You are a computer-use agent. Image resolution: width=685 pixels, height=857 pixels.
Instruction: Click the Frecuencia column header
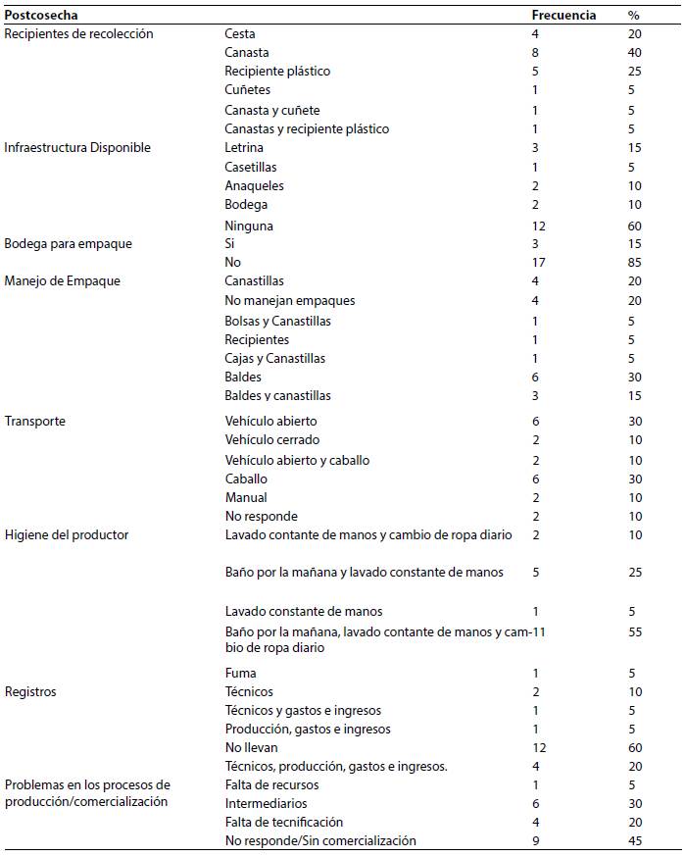click(563, 16)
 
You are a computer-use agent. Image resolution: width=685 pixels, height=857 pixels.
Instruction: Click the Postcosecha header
click(41, 16)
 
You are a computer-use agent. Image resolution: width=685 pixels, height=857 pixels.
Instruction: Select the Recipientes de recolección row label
click(78, 33)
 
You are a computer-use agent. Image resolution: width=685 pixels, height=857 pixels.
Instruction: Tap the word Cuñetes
click(247, 90)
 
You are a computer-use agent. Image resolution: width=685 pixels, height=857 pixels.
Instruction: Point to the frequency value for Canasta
click(535, 53)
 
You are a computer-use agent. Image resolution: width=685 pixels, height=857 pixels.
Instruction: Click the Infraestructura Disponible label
click(76, 148)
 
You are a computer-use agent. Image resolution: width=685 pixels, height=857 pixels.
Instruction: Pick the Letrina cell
click(244, 148)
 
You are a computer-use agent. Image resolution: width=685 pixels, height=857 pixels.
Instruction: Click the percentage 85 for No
click(634, 263)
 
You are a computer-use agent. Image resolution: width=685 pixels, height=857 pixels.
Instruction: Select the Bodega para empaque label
click(68, 243)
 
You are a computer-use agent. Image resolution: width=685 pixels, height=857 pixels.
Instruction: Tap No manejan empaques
click(290, 301)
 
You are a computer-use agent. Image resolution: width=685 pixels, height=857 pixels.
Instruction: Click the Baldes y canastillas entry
click(278, 396)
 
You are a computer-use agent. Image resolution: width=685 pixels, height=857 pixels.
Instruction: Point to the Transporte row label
click(34, 421)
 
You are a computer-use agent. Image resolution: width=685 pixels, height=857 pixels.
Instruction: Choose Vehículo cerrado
click(272, 440)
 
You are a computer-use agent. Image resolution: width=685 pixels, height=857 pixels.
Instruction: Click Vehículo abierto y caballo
click(297, 460)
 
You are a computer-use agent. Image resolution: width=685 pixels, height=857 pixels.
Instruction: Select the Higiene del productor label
click(67, 535)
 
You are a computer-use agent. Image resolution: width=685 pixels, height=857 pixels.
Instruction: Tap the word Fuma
click(240, 673)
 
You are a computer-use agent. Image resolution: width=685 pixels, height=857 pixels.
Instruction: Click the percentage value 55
click(634, 632)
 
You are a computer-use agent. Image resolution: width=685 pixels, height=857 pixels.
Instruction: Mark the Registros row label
click(30, 691)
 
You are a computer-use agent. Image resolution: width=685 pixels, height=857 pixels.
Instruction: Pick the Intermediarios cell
click(266, 803)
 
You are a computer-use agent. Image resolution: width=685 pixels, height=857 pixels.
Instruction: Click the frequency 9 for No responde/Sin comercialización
click(535, 840)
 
